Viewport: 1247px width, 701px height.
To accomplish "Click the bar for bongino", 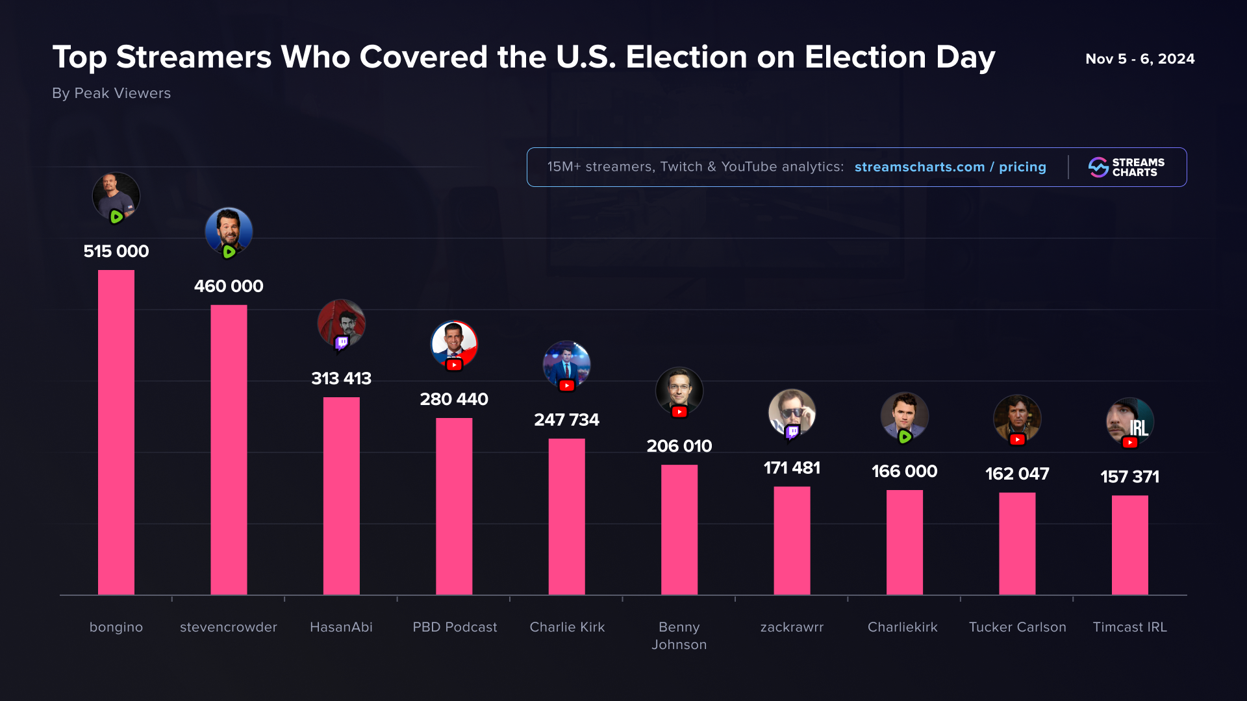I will pyautogui.click(x=116, y=432).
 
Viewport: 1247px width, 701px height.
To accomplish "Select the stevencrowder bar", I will pyautogui.click(x=229, y=449).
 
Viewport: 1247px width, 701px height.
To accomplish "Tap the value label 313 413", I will pyautogui.click(x=341, y=378).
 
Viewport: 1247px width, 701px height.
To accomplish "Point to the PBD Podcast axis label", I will pyautogui.click(x=455, y=627).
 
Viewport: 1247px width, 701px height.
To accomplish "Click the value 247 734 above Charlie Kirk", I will pyautogui.click(x=566, y=420).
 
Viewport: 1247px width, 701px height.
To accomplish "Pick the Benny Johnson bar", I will pyautogui.click(x=679, y=529).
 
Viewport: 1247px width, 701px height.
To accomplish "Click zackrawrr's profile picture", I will pyautogui.click(x=792, y=411).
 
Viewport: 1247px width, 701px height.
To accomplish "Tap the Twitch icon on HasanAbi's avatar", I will pyautogui.click(x=342, y=343).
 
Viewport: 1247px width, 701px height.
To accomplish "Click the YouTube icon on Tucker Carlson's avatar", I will pyautogui.click(x=1017, y=440).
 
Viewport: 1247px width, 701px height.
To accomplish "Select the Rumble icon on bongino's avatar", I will pyautogui.click(x=116, y=217).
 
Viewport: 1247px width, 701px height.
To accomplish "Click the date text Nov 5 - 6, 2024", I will pyautogui.click(x=1140, y=59).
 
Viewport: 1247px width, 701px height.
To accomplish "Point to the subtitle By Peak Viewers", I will pyautogui.click(x=111, y=93).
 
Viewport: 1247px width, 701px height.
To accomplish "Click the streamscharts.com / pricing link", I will pyautogui.click(x=950, y=167).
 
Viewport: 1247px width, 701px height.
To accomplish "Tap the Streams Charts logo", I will pyautogui.click(x=1126, y=167).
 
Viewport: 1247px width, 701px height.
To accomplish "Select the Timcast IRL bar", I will pyautogui.click(x=1129, y=545).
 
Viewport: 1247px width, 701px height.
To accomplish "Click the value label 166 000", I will pyautogui.click(x=904, y=471).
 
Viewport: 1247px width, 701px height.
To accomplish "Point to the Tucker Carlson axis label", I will pyautogui.click(x=1017, y=627).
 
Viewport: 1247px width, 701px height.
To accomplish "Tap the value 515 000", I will pyautogui.click(x=116, y=251).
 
